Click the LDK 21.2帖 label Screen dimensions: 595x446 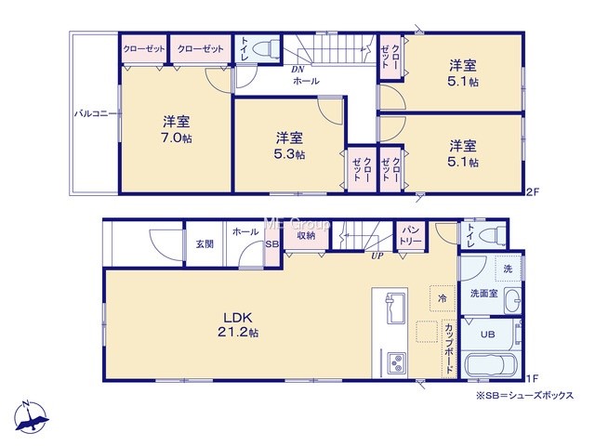pyautogui.click(x=238, y=324)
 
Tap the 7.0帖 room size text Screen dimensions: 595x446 pyautogui.click(x=177, y=138)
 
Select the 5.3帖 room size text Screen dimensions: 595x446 pyautogui.click(x=289, y=154)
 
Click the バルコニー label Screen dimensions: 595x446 pyautogui.click(x=95, y=113)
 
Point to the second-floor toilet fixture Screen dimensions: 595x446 pyautogui.click(x=264, y=48)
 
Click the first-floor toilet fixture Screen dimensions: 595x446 pyautogui.click(x=493, y=235)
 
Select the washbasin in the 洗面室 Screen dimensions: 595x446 pyautogui.click(x=513, y=300)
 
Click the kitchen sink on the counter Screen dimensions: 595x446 pyautogui.click(x=395, y=308)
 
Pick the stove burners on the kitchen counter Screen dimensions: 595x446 pyautogui.click(x=397, y=363)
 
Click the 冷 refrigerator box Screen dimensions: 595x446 pyautogui.click(x=443, y=298)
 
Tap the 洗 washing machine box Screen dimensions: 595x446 pyautogui.click(x=508, y=269)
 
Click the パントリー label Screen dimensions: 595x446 pyautogui.click(x=412, y=235)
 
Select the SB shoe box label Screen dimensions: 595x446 pyautogui.click(x=271, y=244)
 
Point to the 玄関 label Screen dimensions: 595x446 pyautogui.click(x=205, y=243)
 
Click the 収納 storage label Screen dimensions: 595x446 pyautogui.click(x=306, y=235)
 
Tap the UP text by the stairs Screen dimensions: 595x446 pyautogui.click(x=377, y=256)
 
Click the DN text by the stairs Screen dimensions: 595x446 pyautogui.click(x=297, y=70)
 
